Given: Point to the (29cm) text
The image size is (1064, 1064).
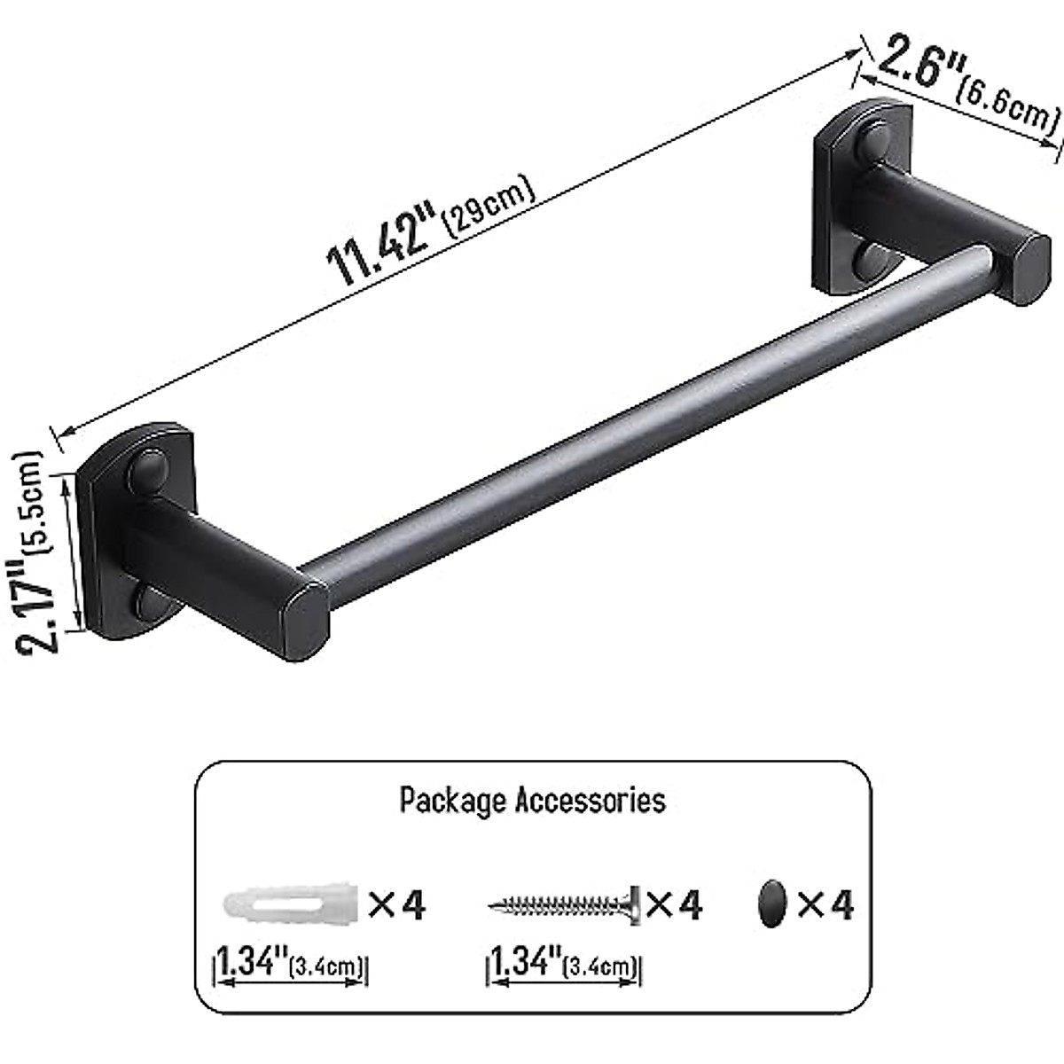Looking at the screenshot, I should click(x=492, y=206).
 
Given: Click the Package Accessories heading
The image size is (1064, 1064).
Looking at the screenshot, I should click(x=532, y=800).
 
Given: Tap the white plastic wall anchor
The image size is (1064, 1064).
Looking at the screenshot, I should click(x=289, y=905).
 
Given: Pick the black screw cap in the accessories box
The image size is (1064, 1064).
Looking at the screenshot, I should click(x=772, y=904).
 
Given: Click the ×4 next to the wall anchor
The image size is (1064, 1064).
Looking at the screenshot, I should click(x=396, y=905).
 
